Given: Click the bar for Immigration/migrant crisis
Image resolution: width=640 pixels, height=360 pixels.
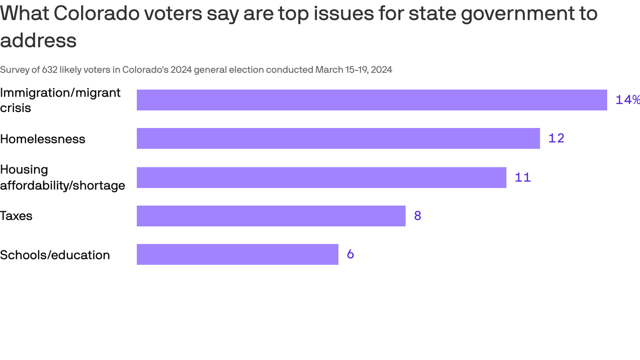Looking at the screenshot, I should tap(372, 100).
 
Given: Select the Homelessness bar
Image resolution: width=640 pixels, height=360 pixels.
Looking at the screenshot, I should tap(338, 138).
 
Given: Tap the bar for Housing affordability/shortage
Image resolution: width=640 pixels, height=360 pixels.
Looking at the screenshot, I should tap(321, 177).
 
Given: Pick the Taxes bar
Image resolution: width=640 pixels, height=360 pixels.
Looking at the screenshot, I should tap(271, 216).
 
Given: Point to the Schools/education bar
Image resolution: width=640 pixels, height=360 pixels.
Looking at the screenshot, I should tap(237, 254).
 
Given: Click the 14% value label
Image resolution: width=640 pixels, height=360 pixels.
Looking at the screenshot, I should tap(627, 100).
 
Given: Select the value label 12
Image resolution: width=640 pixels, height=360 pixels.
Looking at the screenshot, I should tap(556, 138).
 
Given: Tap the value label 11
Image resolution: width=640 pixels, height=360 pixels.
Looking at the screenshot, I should tap(522, 177).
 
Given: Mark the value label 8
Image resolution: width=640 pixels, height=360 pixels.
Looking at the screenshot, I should tap(417, 216).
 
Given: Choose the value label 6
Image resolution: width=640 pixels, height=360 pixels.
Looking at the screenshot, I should tap(350, 254).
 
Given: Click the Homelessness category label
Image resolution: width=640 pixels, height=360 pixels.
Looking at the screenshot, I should tap(43, 139).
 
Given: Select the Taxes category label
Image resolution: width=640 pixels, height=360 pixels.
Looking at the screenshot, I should tap(16, 216).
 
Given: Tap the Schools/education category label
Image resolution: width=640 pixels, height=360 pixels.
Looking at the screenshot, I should tap(55, 255).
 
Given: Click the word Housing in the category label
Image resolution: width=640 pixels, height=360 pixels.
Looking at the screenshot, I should tap(24, 169).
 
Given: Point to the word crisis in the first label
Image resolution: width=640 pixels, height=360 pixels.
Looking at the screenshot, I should tap(15, 108).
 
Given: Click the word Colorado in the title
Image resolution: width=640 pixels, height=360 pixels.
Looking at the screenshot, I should tap(97, 13).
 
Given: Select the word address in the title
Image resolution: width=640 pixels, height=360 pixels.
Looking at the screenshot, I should tap(38, 40).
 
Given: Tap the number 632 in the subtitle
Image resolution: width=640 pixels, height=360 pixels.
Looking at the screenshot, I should tap(50, 70).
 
